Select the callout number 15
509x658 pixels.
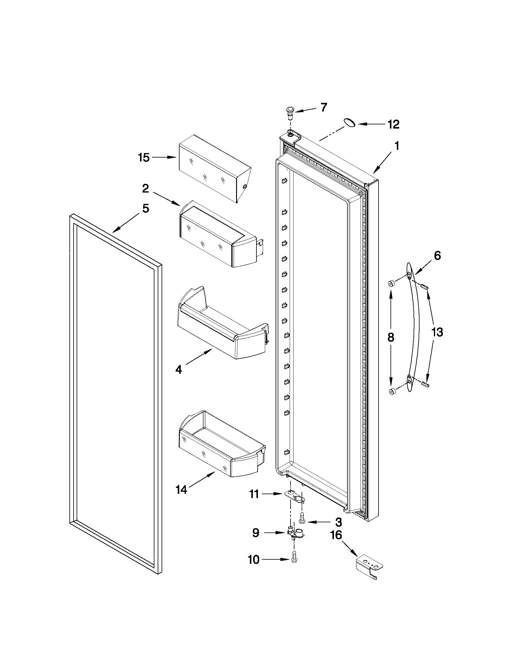[144, 158]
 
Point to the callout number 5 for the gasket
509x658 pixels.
[146, 208]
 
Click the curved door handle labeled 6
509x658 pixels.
[413, 327]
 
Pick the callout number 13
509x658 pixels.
[437, 332]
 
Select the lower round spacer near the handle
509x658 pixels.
[392, 392]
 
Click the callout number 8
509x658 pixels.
[391, 338]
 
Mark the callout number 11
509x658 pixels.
[254, 494]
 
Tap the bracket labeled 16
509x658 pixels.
[368, 567]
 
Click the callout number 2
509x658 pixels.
[145, 189]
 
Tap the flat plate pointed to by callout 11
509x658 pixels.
[295, 496]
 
